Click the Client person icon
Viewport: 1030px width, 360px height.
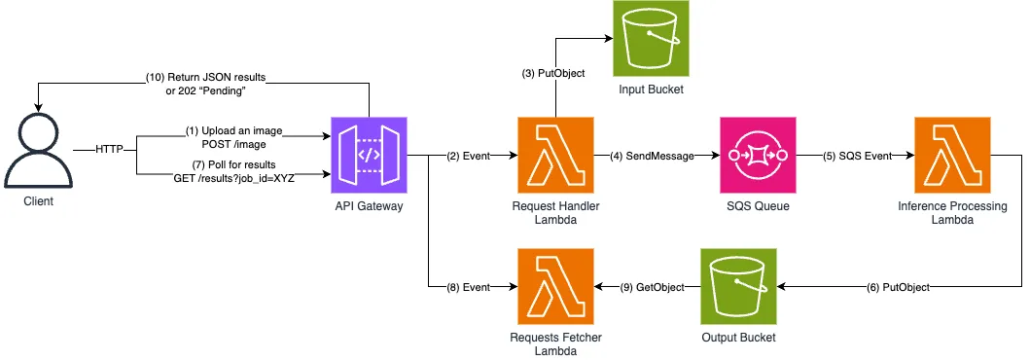tap(39, 151)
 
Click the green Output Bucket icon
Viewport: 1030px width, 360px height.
tap(738, 287)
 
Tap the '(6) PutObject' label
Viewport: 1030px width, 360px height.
tap(901, 287)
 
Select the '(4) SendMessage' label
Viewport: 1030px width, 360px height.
tap(654, 156)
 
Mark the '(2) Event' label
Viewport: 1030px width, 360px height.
tap(468, 156)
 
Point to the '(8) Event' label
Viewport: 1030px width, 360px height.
tap(468, 287)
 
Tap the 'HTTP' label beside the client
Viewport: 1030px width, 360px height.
tap(109, 148)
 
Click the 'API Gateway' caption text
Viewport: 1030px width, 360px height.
tap(369, 207)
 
